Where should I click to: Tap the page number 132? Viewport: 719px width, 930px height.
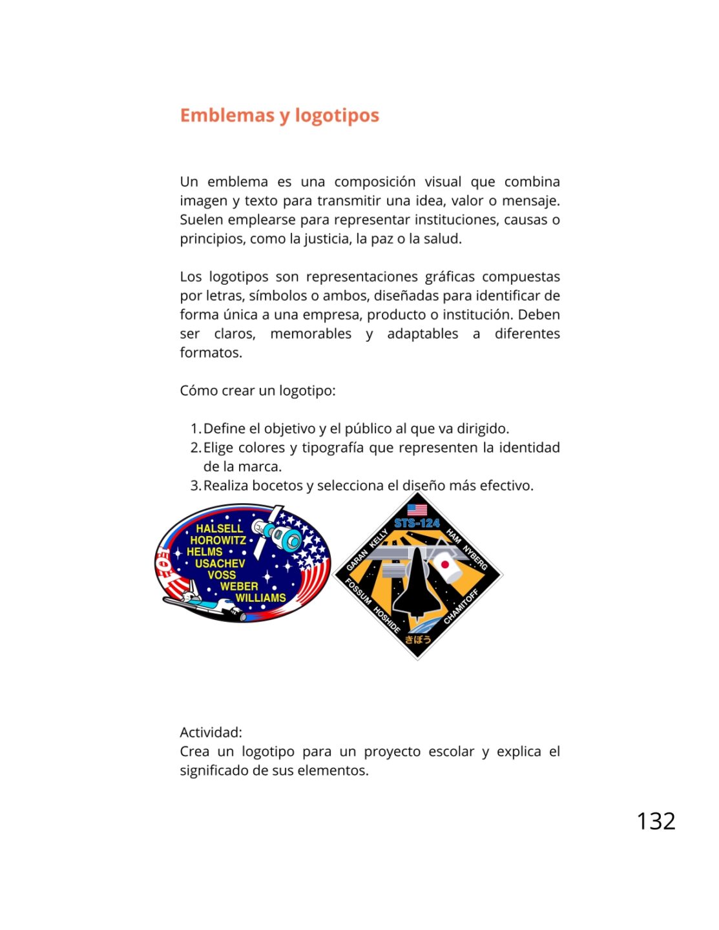click(656, 821)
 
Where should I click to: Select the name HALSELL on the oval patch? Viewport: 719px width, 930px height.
click(220, 528)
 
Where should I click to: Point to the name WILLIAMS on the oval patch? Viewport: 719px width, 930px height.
click(260, 598)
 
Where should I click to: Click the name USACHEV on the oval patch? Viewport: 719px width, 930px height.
click(220, 563)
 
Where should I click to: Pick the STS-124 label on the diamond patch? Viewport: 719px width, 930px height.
click(417, 523)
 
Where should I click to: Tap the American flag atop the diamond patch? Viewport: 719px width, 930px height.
click(417, 510)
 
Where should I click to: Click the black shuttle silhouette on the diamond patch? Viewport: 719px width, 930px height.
click(417, 584)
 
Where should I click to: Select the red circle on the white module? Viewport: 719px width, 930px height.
click(445, 565)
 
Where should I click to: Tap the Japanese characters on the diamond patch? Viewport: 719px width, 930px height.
click(417, 639)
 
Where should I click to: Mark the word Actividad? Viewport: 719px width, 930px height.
click(211, 732)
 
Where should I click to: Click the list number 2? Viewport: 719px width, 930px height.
click(195, 448)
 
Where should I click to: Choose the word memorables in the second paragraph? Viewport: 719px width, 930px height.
click(311, 334)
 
